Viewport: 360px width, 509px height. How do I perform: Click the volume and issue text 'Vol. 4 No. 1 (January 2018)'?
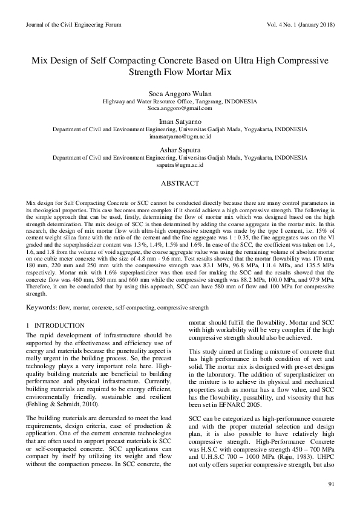299,25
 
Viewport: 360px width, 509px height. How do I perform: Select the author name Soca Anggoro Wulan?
180,94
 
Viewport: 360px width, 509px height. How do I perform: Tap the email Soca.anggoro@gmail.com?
180,108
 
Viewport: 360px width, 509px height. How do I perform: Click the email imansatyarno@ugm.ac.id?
180,137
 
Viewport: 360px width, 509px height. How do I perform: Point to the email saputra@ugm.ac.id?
180,164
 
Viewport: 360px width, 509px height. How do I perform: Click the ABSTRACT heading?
180,183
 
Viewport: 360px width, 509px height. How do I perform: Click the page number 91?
331,484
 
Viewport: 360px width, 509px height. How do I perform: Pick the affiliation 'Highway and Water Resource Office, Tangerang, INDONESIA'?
180,102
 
